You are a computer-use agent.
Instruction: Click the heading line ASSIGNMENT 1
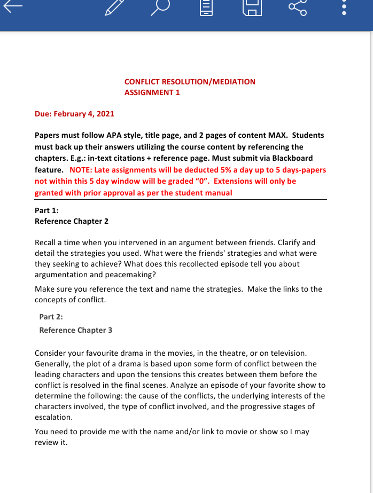152,92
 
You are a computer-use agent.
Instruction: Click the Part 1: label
46,210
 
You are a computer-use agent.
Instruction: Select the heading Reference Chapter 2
72,221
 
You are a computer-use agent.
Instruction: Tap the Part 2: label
51,317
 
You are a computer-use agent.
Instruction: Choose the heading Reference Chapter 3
76,330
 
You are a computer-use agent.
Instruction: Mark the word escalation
53,417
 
